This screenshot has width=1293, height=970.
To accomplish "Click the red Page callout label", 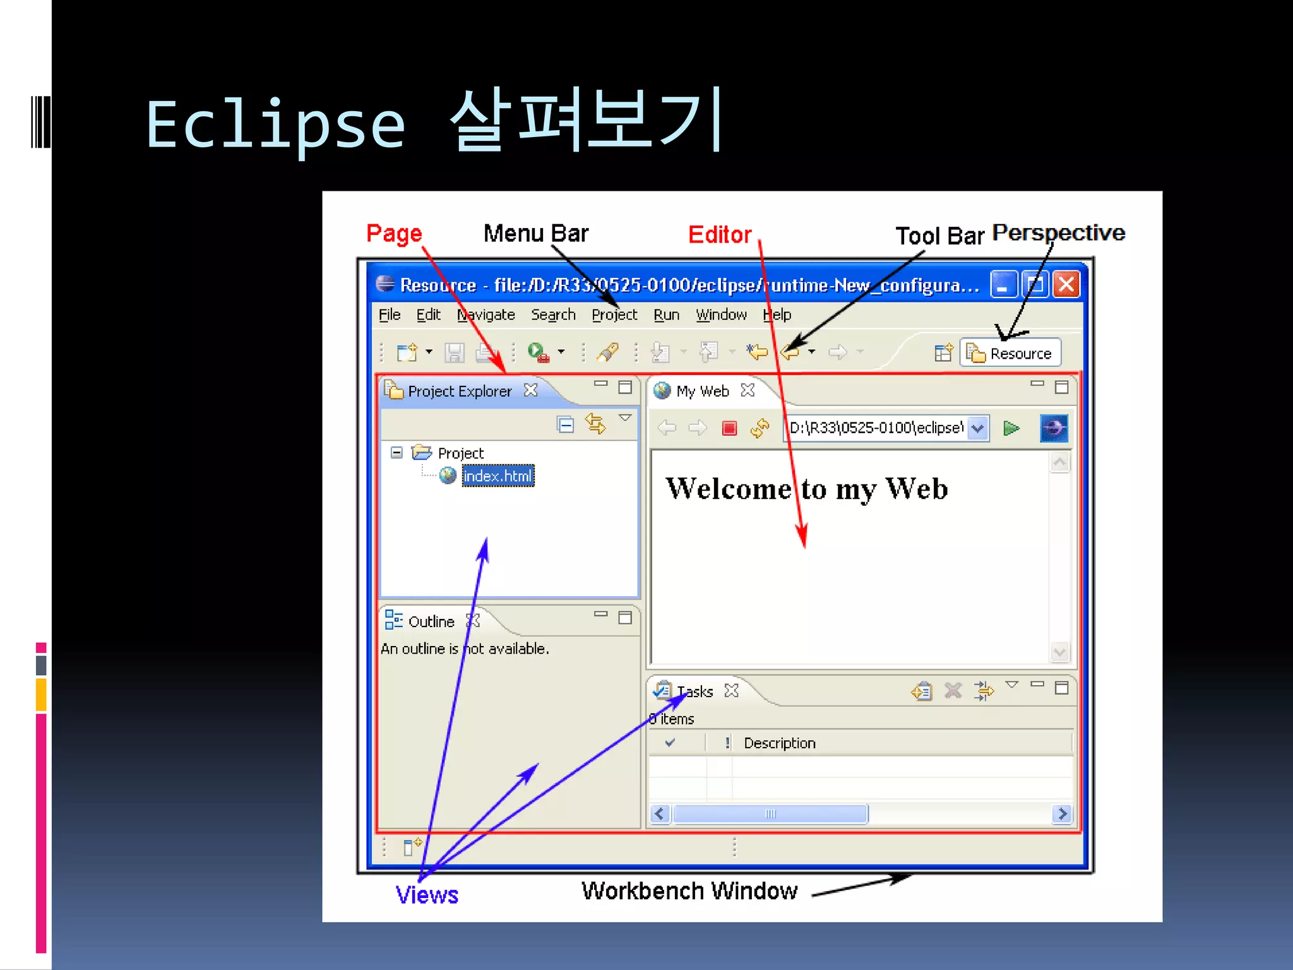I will click(394, 234).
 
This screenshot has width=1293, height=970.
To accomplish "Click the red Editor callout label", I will click(719, 235).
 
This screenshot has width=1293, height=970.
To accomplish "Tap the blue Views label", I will click(427, 895).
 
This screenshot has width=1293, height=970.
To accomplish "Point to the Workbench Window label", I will click(689, 890).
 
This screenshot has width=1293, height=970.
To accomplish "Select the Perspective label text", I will click(1058, 232).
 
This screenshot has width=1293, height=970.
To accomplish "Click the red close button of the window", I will click(1066, 284).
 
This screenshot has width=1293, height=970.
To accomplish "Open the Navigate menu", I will click(486, 314).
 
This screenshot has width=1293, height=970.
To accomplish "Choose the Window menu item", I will click(721, 314).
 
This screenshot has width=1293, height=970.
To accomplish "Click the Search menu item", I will click(553, 314).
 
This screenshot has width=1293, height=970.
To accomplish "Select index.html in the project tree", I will click(498, 476).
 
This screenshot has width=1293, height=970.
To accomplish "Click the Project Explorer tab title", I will click(460, 391).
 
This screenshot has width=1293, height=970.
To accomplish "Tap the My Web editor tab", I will click(702, 391).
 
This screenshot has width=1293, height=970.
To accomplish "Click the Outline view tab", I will click(431, 621).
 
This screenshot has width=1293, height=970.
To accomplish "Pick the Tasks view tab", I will click(694, 692).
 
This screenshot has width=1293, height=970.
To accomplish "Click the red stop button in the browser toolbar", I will click(729, 428).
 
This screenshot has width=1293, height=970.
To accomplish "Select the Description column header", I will click(779, 743).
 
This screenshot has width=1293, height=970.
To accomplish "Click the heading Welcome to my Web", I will click(806, 489).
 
